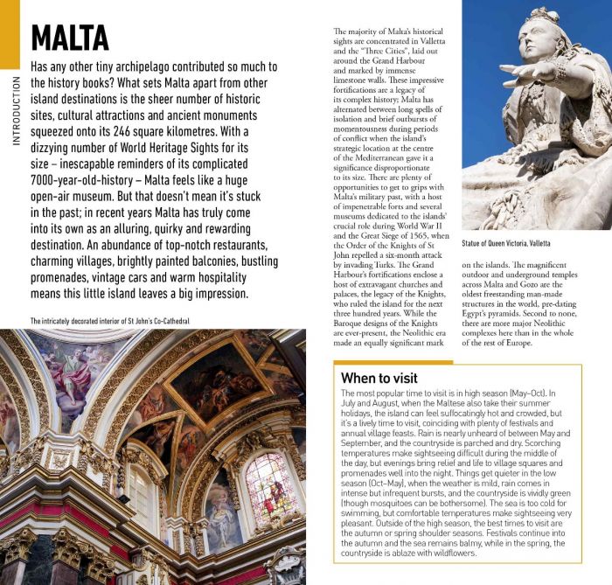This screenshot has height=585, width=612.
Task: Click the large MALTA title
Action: pyautogui.click(x=70, y=38)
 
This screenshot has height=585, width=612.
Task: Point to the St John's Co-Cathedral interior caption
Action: pyautogui.click(x=109, y=321)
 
